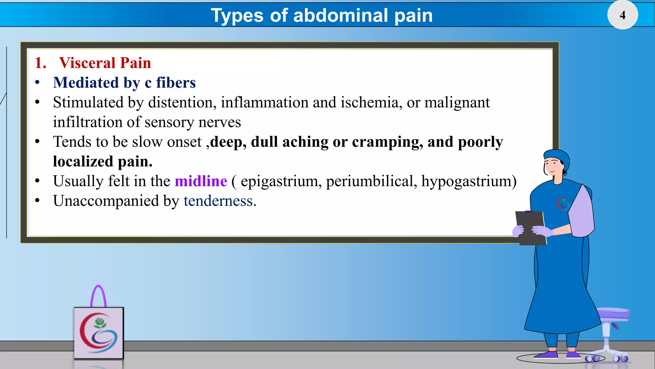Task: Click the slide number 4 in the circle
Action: [622, 15]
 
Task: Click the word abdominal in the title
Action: [340, 15]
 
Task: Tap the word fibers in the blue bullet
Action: [176, 83]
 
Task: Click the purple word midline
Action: [201, 181]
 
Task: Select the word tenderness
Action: [218, 201]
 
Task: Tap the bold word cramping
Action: [387, 142]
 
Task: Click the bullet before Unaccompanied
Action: [37, 201]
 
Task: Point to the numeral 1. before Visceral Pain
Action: [40, 63]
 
